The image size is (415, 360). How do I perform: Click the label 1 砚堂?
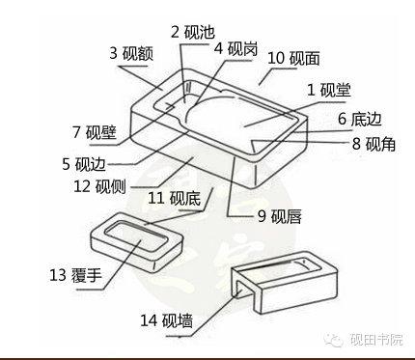coord(329,90)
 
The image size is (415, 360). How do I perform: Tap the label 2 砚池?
coord(192,32)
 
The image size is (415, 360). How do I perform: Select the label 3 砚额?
coord(131,53)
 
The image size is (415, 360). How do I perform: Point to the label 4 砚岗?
coord(236,49)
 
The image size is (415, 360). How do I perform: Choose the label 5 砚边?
coord(84,164)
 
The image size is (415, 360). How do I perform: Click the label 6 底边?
coord(360,119)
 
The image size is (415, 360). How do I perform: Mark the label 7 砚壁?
coord(95,132)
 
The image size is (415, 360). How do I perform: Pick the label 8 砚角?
coord(373,144)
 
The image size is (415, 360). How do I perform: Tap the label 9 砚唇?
coord(280,216)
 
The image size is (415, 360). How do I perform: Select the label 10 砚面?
coord(293,58)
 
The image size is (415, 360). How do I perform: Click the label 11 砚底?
coord(174,198)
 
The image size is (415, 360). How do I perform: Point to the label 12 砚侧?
coord(99,186)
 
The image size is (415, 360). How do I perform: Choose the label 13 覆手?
coord(75,275)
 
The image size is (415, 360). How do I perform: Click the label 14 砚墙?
coord(167,320)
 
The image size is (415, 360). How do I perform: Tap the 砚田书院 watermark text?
coord(376,340)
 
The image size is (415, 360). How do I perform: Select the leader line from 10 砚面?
coord(264,77)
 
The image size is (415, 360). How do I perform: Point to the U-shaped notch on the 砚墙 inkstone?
coord(240,291)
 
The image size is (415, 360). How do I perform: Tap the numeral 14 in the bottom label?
coord(149,320)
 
